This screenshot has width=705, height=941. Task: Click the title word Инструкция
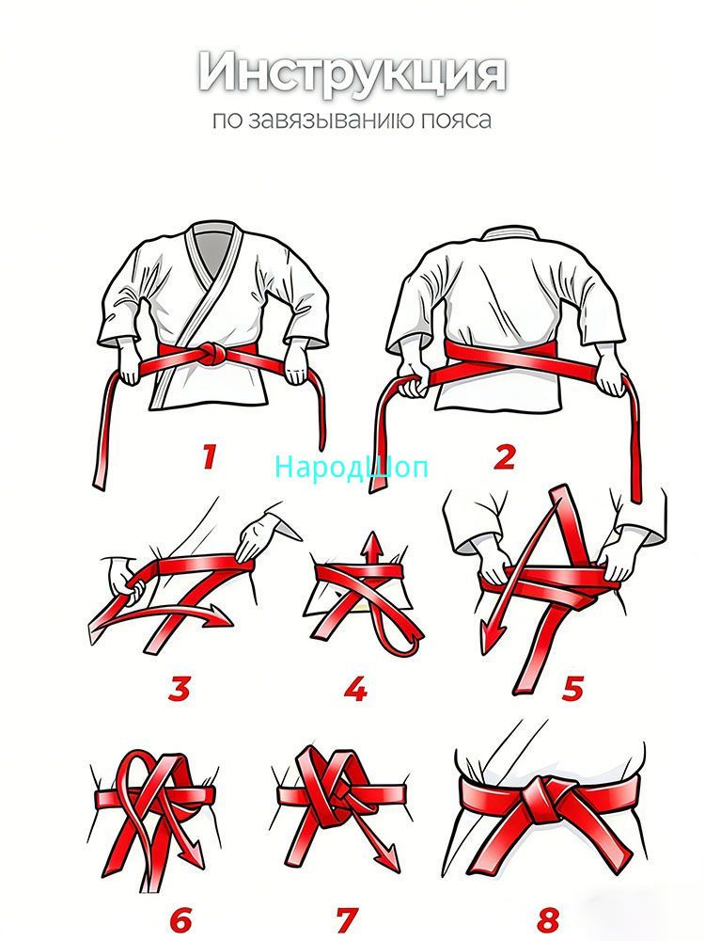coord(352,74)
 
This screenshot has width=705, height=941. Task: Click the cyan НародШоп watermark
coord(352,467)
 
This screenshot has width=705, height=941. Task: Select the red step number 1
coord(209,456)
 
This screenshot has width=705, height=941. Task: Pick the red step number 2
coord(505,457)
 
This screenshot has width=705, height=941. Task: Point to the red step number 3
coord(180,689)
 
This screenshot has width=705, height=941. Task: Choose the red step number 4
coord(356,689)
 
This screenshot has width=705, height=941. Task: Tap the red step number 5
coord(572,689)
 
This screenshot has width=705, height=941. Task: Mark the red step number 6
coord(180,918)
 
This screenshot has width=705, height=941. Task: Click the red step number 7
coord(347,918)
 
